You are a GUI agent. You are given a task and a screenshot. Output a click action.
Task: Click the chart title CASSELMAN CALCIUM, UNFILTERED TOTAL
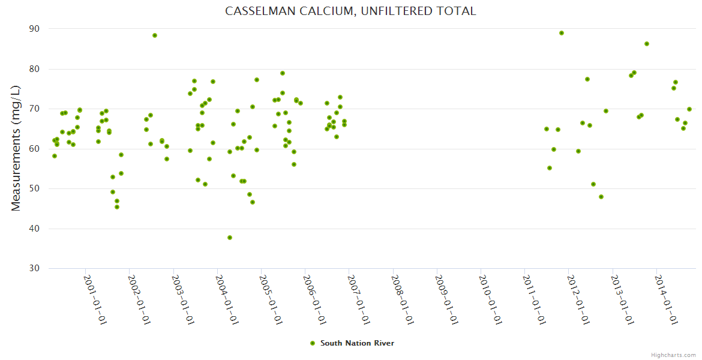pyautogui.click(x=350, y=11)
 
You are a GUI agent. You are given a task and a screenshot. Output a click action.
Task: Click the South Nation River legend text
pyautogui.click(x=357, y=343)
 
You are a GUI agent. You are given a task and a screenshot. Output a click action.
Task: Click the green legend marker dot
pyautogui.click(x=312, y=343)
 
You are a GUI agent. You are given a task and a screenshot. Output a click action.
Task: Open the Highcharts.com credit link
pyautogui.click(x=673, y=355)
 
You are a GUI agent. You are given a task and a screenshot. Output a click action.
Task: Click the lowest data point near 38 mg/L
pyautogui.click(x=230, y=238)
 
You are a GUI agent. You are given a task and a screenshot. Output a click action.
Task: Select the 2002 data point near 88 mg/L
pyautogui.click(x=155, y=35)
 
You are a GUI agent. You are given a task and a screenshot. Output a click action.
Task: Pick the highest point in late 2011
pyautogui.click(x=562, y=33)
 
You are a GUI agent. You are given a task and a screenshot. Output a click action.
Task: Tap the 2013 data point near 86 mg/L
pyautogui.click(x=647, y=44)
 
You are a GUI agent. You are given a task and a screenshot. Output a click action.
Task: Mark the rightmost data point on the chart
pyautogui.click(x=689, y=109)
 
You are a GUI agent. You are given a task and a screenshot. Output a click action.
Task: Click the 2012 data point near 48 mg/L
pyautogui.click(x=601, y=197)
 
